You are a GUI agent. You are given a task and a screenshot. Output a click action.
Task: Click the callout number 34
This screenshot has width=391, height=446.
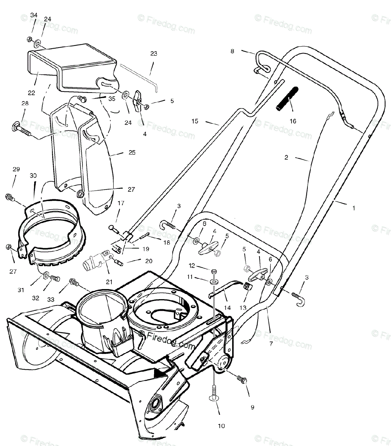click(x=34, y=15)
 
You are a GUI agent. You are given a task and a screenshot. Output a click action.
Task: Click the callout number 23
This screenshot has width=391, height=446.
click(x=154, y=54)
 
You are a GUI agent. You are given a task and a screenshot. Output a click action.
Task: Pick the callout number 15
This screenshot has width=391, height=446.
click(x=195, y=121)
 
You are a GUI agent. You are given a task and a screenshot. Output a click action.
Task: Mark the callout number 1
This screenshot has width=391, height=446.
click(x=353, y=208)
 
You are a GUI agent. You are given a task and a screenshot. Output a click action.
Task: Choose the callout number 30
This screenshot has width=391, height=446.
click(x=33, y=176)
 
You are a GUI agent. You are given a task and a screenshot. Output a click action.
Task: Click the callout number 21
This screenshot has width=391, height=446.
click(x=109, y=282)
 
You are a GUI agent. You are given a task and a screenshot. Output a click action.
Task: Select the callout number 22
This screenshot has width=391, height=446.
click(x=32, y=93)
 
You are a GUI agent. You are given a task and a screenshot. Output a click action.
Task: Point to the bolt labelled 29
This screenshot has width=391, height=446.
click(x=9, y=197)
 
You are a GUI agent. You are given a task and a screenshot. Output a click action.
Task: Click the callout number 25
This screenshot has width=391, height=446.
click(x=132, y=152)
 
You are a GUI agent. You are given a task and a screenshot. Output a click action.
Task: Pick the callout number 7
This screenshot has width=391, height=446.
click(x=271, y=344)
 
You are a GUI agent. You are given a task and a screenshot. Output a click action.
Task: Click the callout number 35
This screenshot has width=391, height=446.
click(x=112, y=99)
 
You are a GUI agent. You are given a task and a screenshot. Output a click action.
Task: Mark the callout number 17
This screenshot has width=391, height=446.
click(x=121, y=203)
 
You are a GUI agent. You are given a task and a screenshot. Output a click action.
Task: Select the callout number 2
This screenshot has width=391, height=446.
click(x=286, y=157)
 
